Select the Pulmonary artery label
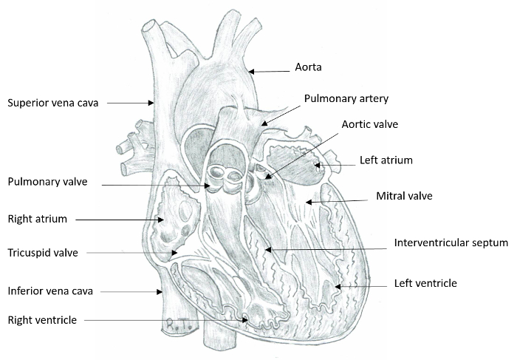(x=346, y=98)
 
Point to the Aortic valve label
(x=369, y=124)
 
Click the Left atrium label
(x=386, y=160)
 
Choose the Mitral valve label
(x=404, y=196)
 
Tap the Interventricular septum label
(x=451, y=242)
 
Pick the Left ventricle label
(x=425, y=283)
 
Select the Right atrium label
(x=37, y=219)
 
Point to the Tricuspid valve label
(x=42, y=253)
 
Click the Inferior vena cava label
(x=49, y=289)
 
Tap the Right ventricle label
(x=43, y=320)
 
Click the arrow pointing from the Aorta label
(x=270, y=72)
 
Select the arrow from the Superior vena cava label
(x=129, y=103)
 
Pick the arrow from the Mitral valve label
(x=336, y=200)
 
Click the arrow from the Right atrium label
(x=118, y=220)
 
